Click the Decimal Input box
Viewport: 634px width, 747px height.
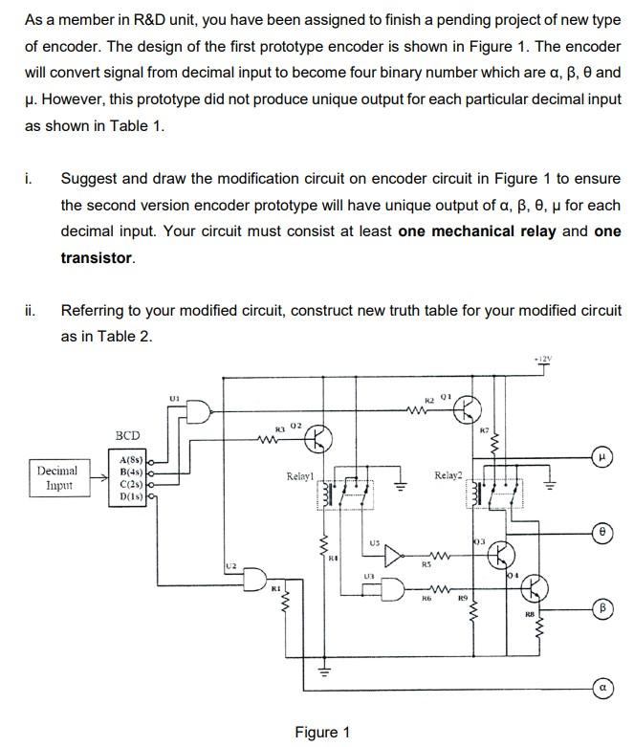tap(58, 477)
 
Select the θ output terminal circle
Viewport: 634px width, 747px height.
tap(604, 532)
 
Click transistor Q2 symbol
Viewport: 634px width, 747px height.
tap(317, 440)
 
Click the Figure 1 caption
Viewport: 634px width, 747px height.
tap(321, 732)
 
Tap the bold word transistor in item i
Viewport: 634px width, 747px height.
tap(97, 258)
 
